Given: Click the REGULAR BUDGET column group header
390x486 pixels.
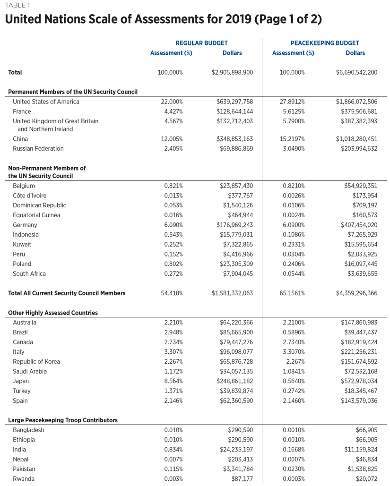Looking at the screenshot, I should coord(201,43).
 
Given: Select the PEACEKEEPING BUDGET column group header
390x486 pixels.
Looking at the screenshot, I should coord(325,43).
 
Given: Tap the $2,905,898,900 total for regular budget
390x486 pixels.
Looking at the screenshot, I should coord(232,72).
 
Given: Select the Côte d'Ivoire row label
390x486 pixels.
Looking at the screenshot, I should coord(30,196).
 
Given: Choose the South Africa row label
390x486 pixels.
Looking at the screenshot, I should coord(30,273).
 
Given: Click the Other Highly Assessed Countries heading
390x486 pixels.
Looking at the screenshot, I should coord(53,313).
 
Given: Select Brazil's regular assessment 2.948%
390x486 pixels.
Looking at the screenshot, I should coord(173,332).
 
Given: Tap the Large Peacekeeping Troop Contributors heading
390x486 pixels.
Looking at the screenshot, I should coord(63,420).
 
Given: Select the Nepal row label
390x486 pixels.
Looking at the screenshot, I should coord(21,459).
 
